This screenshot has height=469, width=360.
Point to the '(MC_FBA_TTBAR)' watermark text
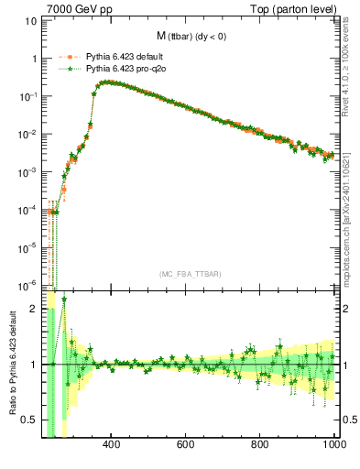point(191,274)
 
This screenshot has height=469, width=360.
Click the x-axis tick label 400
point(112,446)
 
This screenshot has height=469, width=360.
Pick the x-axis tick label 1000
point(332,446)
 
